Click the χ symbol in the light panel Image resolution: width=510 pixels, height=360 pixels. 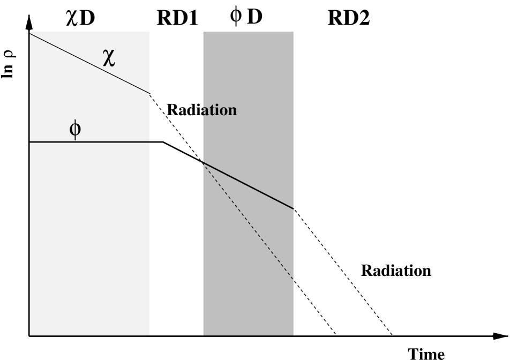(109, 57)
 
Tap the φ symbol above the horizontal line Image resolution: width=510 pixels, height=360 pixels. (76, 129)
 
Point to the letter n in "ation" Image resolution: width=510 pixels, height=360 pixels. (232, 111)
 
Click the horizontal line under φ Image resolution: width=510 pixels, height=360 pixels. (107, 142)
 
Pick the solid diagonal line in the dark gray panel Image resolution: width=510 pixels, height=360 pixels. (248, 185)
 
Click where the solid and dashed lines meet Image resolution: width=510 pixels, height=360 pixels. (203, 162)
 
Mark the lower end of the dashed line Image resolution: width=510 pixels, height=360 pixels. (293, 279)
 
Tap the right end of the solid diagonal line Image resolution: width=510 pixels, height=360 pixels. (293, 208)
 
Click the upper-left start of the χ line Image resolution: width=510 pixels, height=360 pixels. (31, 34)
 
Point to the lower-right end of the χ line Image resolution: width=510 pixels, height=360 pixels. (149, 93)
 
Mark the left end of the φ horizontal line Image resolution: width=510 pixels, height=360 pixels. (31, 142)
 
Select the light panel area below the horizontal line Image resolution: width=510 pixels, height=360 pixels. (89, 241)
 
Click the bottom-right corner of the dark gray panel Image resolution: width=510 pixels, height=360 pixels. (293, 335)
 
